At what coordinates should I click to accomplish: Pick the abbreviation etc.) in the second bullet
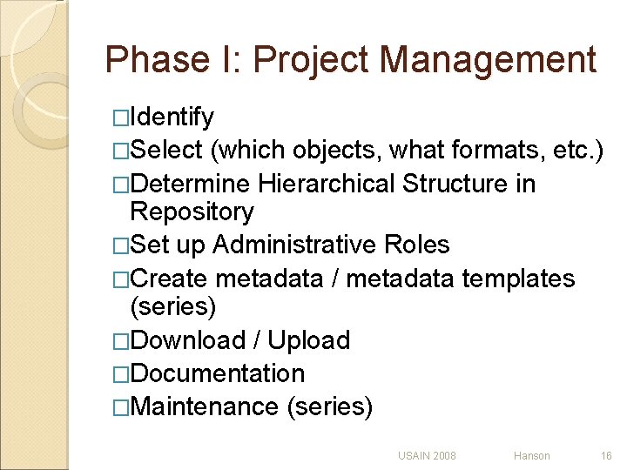point(577,150)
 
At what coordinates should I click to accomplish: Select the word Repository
point(192,211)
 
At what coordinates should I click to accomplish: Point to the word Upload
point(309,339)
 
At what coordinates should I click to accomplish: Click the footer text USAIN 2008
point(427,455)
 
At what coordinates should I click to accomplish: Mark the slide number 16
point(606,455)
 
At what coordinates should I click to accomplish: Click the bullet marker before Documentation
point(120,374)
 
